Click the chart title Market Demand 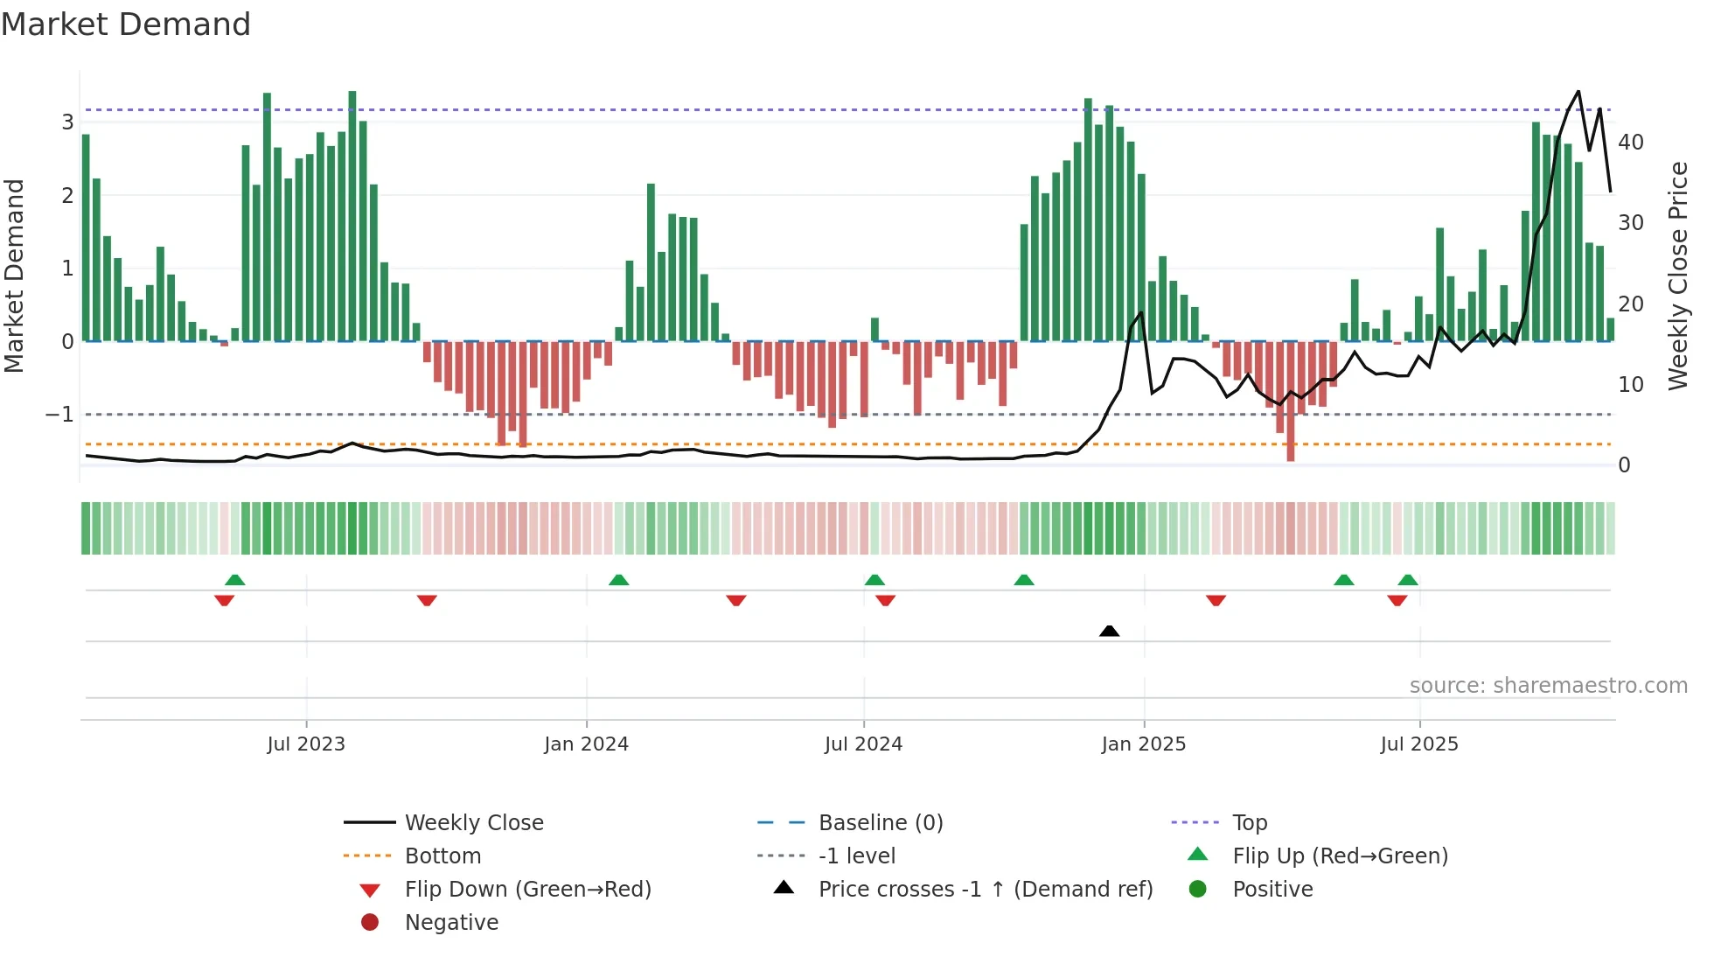(x=126, y=24)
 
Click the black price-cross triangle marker (x=1109, y=631)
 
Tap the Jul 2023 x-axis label (x=306, y=744)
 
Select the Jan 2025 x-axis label (x=1143, y=744)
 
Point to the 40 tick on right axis (x=1630, y=143)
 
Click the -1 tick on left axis (x=59, y=415)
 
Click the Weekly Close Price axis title (x=1677, y=276)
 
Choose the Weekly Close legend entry (x=473, y=823)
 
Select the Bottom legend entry (x=442, y=856)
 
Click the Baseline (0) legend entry (x=880, y=823)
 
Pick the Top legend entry (x=1249, y=823)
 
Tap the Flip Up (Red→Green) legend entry (x=1340, y=856)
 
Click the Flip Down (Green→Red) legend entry (x=527, y=890)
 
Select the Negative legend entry (x=451, y=923)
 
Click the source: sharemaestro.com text (x=1548, y=686)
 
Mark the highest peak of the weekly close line (x=1578, y=92)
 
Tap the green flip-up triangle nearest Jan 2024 (x=618, y=580)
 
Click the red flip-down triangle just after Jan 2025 (x=1216, y=600)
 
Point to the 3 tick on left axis (x=67, y=122)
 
